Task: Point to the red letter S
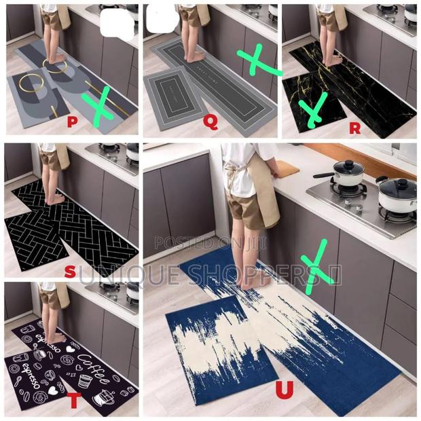click(x=69, y=271)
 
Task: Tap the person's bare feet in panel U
click(x=251, y=278)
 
